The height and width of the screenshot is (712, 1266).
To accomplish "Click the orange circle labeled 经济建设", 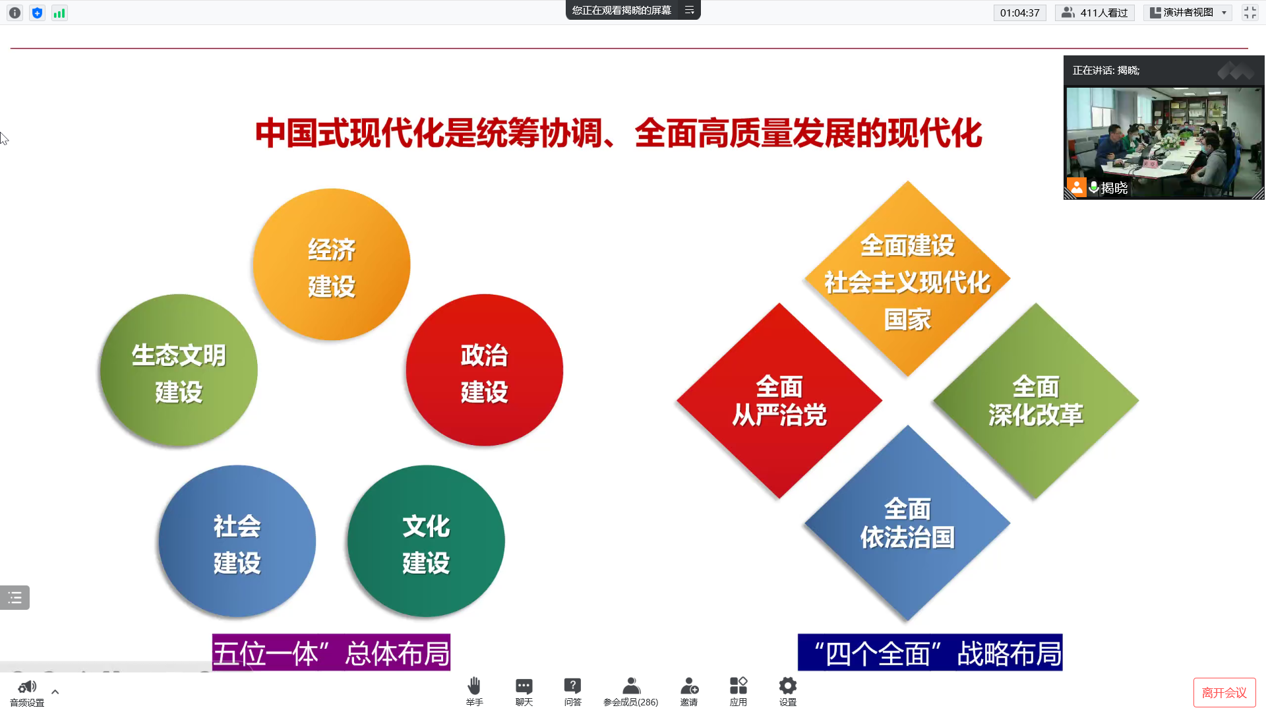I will (x=332, y=265).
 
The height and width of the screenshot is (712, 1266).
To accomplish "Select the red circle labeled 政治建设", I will (x=485, y=371).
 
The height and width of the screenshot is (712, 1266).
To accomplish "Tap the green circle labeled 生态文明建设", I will (x=179, y=371).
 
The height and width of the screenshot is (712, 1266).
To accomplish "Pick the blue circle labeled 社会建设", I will (x=237, y=542).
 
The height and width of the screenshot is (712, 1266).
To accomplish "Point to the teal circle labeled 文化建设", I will (x=426, y=542).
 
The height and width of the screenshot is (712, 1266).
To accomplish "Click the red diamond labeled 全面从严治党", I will (x=779, y=401).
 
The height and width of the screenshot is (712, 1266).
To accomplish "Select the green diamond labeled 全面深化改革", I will (x=1035, y=401).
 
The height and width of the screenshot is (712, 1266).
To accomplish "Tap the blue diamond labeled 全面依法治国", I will (x=907, y=523).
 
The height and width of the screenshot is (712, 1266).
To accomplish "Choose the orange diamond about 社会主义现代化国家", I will (x=907, y=280).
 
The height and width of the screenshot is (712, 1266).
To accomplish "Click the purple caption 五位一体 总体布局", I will (x=331, y=653).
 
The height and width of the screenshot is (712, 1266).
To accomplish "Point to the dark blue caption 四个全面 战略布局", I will (x=930, y=653).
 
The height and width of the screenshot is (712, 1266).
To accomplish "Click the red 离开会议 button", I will (x=1224, y=692).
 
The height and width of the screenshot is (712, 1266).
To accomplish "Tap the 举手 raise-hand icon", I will (x=474, y=686).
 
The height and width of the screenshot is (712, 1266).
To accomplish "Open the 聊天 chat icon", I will (x=524, y=686).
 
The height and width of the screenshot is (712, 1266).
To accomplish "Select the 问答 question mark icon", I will (x=573, y=686).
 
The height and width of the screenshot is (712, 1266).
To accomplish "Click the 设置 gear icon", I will (x=788, y=686).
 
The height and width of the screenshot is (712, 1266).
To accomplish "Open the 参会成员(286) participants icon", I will (x=631, y=686).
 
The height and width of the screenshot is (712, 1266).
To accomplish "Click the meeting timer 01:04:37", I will (x=1019, y=13).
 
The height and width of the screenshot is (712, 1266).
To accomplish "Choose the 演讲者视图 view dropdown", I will (x=1188, y=13).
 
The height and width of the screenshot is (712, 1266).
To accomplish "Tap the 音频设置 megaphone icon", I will (x=27, y=688).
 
